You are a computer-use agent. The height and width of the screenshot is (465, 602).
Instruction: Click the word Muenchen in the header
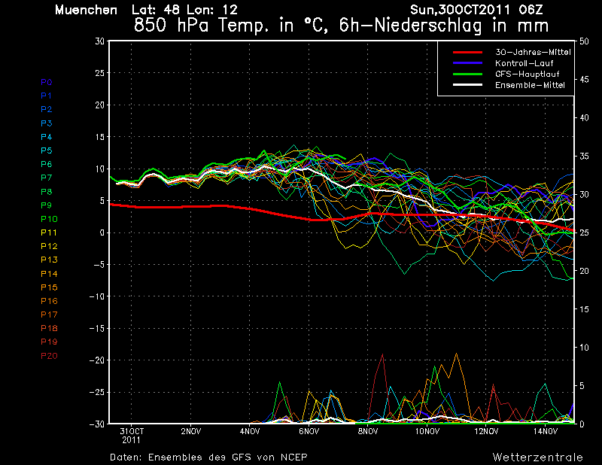pyautogui.click(x=86, y=10)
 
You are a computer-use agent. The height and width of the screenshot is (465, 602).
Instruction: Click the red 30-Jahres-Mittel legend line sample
pyautogui.click(x=467, y=52)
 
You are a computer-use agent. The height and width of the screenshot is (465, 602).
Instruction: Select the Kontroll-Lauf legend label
pyautogui.click(x=524, y=63)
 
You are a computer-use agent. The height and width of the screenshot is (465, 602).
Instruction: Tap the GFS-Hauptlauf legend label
pyautogui.click(x=528, y=74)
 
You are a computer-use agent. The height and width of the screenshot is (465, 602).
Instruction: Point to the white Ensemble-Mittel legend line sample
pyautogui.click(x=467, y=85)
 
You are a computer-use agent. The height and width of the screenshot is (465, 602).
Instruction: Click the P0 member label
pyautogui.click(x=47, y=82)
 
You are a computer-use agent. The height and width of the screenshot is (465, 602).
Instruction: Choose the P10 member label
pyautogui.click(x=49, y=219)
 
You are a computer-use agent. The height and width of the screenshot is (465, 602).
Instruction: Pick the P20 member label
pyautogui.click(x=49, y=356)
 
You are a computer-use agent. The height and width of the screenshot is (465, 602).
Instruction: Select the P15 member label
pyautogui.click(x=49, y=287)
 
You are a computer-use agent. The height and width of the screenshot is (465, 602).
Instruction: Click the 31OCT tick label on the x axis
pyautogui.click(x=131, y=431)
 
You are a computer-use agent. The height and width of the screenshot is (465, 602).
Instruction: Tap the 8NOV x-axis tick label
pyautogui.click(x=368, y=431)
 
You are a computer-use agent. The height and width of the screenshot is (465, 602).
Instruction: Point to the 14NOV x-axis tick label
pyautogui.click(x=545, y=431)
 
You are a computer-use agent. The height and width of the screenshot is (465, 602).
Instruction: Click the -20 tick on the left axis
pyautogui.click(x=97, y=360)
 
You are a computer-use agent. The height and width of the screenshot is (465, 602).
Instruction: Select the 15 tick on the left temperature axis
pyautogui.click(x=100, y=137)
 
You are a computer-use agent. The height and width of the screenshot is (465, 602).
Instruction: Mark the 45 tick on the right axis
pyautogui.click(x=584, y=80)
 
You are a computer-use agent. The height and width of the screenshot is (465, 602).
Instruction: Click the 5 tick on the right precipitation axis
pyautogui.click(x=582, y=386)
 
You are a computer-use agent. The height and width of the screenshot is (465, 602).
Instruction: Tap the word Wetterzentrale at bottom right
pyautogui.click(x=537, y=457)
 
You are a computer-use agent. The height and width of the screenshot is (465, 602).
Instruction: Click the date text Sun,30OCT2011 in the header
pyautogui.click(x=461, y=10)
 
